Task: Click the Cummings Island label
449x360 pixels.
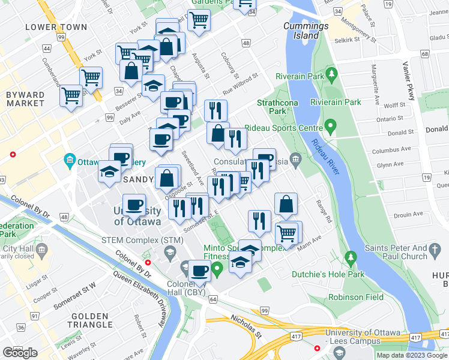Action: pyautogui.click(x=306, y=31)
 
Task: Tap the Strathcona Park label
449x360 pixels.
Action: pyautogui.click(x=272, y=106)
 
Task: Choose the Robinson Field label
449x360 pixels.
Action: pyautogui.click(x=355, y=297)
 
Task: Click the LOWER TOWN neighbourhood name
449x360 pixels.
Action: pyautogui.click(x=56, y=27)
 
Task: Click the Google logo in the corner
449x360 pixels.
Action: pyautogui.click(x=19, y=353)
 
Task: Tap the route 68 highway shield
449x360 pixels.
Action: pyautogui.click(x=424, y=55)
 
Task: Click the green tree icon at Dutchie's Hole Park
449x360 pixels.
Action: pyautogui.click(x=351, y=259)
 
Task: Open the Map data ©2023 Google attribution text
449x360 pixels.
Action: pyautogui.click(x=411, y=355)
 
